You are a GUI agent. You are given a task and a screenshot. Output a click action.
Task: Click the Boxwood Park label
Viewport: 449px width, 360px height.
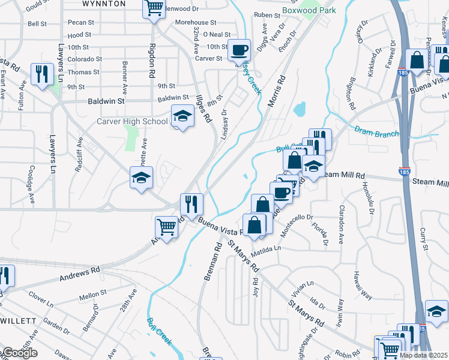(x=310, y=11)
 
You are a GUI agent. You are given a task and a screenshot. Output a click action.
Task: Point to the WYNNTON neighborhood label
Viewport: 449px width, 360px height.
(x=104, y=4)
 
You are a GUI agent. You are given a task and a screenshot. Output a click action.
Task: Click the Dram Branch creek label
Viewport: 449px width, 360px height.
(x=376, y=131)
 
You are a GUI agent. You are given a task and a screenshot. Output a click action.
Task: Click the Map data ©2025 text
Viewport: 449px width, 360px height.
(x=424, y=355)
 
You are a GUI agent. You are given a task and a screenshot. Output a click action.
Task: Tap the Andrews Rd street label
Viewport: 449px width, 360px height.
(x=79, y=275)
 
